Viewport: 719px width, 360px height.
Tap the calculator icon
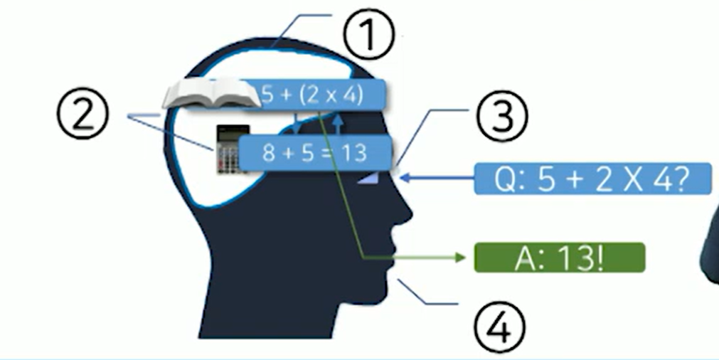(232, 149)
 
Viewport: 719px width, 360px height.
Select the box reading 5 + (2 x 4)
(313, 95)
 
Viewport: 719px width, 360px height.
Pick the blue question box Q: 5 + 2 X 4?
(592, 179)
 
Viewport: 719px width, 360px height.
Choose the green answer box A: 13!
(560, 258)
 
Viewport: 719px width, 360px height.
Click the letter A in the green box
(523, 258)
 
